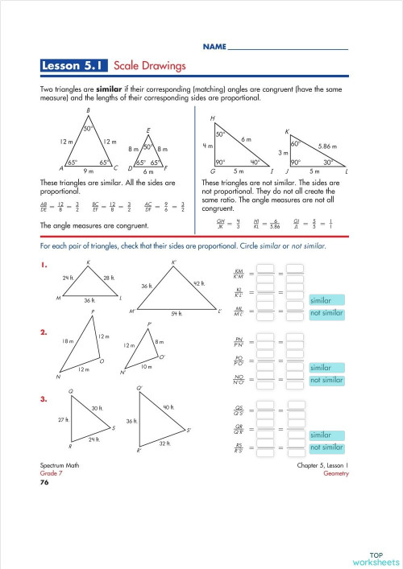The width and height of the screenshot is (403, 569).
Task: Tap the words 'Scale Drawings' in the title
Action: [150, 65]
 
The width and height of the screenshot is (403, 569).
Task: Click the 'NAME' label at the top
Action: [214, 48]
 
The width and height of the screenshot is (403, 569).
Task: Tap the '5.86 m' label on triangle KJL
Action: [328, 146]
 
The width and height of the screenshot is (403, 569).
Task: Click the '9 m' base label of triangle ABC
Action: [89, 171]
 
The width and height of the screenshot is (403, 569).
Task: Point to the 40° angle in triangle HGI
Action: [256, 162]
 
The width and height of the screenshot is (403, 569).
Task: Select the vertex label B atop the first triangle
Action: [88, 110]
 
